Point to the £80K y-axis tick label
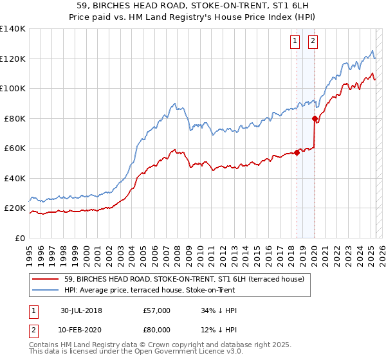coord(15,118)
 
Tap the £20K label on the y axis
coord(15,208)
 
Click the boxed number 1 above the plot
coord(295,42)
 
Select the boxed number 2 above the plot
coord(313,42)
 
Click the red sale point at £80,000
coord(315,118)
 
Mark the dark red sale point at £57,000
coord(297,152)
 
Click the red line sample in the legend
coord(46,279)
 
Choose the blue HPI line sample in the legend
coord(46,290)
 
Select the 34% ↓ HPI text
coord(219,310)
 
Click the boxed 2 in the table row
coord(33,330)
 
